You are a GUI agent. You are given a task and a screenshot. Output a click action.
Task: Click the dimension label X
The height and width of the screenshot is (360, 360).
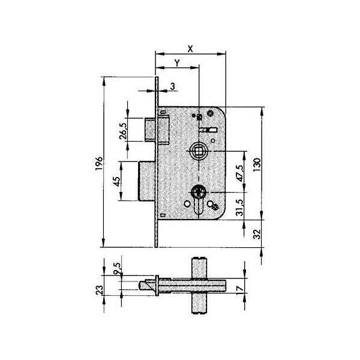tap(190, 49)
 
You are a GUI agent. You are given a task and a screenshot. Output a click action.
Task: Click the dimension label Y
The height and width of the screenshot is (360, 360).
tap(177, 62)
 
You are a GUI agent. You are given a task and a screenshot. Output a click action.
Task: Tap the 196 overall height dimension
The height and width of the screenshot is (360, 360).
tap(99, 163)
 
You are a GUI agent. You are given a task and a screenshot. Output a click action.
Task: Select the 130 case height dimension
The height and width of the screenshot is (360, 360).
tap(257, 164)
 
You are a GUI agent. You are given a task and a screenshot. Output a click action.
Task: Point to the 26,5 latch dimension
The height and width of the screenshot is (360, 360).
tap(123, 131)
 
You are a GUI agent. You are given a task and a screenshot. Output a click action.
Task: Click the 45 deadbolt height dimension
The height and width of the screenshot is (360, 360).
tap(116, 181)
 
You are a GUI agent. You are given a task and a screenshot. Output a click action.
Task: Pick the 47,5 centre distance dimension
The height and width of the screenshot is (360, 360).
tap(239, 173)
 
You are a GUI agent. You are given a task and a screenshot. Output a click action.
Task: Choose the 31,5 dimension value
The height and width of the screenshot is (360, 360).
tap(239, 208)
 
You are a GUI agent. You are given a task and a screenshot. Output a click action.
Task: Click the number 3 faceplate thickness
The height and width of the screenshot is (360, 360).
tap(172, 86)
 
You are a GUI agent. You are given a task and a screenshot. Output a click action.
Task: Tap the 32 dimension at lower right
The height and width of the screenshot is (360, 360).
tap(257, 234)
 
